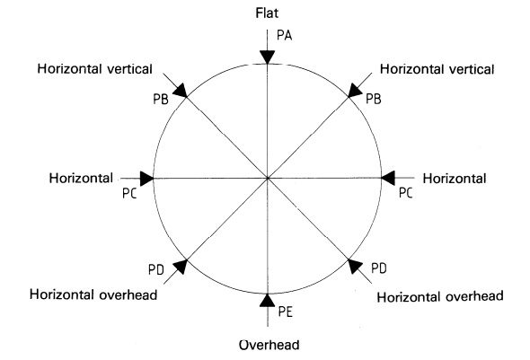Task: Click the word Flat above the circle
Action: [267, 13]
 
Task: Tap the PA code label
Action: [284, 35]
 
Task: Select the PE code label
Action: [286, 312]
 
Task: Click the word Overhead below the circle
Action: [269, 345]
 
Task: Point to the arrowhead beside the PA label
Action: [268, 57]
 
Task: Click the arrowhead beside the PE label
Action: [268, 300]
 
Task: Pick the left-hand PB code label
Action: [161, 100]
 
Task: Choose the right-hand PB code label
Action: [374, 99]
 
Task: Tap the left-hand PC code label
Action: [129, 194]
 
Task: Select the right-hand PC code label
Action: [406, 193]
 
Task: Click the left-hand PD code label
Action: [155, 270]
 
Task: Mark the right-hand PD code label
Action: [379, 268]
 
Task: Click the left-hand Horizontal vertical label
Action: [95, 69]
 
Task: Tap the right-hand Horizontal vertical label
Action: [437, 69]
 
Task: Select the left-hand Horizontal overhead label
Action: [93, 294]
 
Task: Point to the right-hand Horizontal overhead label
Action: [440, 297]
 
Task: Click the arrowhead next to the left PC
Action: [146, 179]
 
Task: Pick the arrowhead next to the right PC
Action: [388, 178]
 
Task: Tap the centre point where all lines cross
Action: [268, 178]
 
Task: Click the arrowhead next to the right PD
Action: [355, 266]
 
